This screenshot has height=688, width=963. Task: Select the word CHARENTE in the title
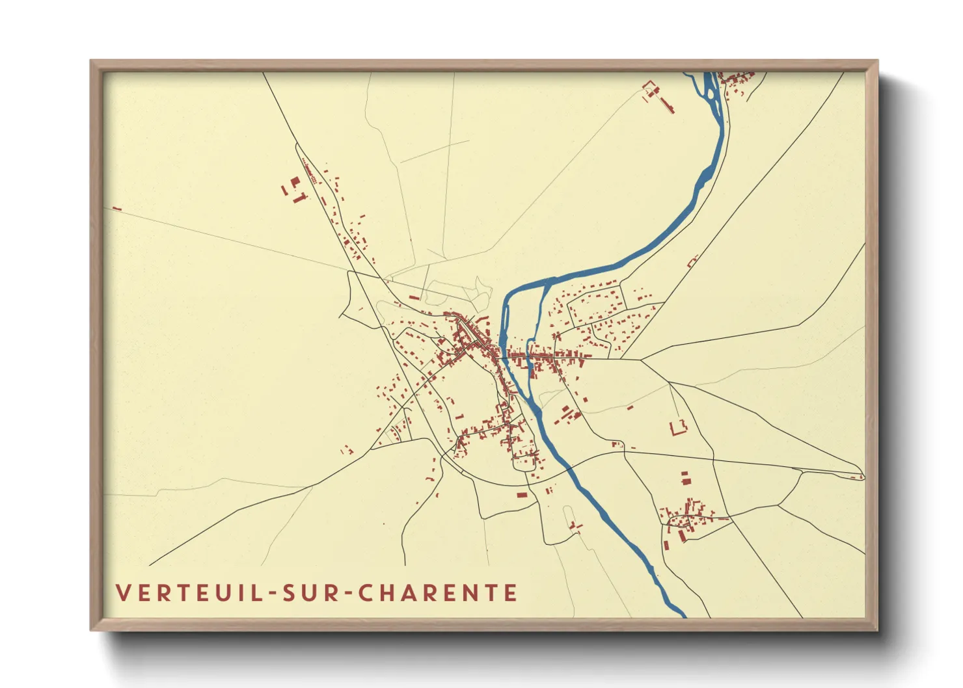coord(439,593)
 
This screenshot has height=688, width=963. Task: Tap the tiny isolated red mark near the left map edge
coord(117,209)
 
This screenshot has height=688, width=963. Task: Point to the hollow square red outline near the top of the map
coord(649,86)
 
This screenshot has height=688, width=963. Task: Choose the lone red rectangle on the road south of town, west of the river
coord(522,495)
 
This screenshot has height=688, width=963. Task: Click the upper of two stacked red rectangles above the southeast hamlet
coord(685,475)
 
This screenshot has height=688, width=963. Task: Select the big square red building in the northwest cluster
coord(295,181)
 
